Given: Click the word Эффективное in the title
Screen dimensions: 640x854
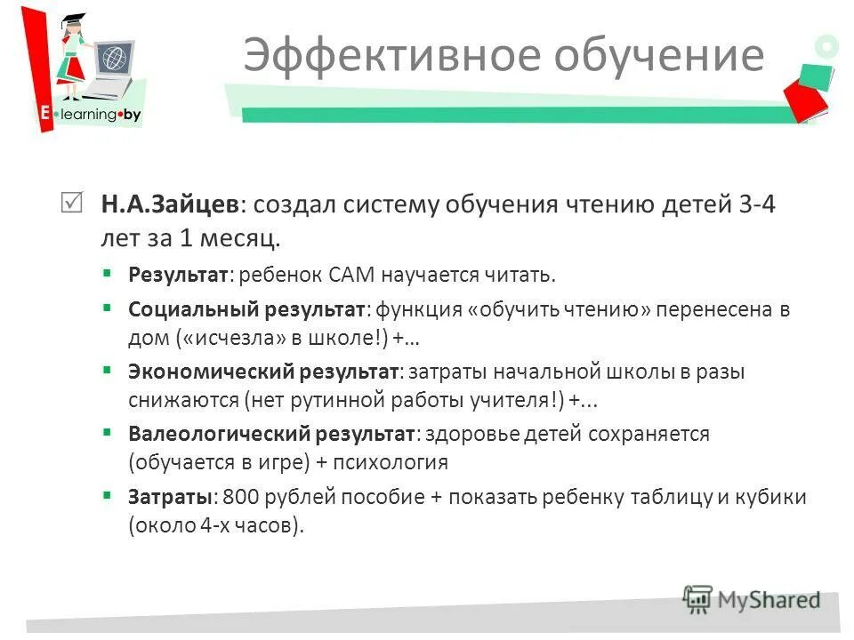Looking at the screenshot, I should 391,56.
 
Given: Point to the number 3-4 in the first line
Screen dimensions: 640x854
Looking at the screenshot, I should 758,205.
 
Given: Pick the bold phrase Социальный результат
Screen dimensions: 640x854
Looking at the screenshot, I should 246,310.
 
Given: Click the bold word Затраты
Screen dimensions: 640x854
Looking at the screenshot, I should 173,497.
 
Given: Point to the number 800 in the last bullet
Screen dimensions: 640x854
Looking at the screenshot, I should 239,497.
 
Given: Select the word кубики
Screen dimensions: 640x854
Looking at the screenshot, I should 769,497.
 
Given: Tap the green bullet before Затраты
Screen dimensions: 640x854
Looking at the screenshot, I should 108,495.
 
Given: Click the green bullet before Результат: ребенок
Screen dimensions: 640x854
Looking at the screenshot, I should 108,272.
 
